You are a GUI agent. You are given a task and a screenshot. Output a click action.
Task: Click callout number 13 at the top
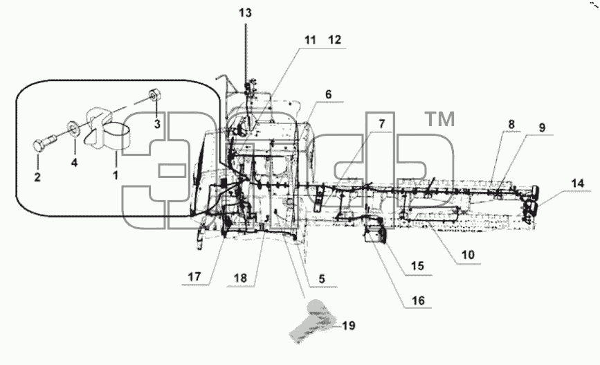(x=245, y=13)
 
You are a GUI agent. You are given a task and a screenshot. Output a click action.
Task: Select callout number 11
(x=310, y=40)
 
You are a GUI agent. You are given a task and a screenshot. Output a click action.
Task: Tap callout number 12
(x=334, y=40)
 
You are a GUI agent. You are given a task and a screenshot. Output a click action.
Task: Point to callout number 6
(x=329, y=95)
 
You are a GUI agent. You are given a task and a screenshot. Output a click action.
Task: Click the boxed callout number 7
(x=381, y=124)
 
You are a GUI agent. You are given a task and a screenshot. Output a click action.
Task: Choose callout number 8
(x=511, y=124)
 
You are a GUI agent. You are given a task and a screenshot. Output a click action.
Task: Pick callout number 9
(x=542, y=127)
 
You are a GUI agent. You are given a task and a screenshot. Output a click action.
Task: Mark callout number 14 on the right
(x=578, y=184)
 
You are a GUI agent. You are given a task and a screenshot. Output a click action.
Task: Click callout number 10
(x=468, y=255)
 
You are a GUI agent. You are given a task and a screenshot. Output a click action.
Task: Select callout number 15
(x=417, y=266)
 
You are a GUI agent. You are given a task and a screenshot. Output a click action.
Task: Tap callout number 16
(x=418, y=301)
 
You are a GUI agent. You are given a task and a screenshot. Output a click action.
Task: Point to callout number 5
(x=322, y=279)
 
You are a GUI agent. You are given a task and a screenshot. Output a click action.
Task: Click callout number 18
(x=240, y=278)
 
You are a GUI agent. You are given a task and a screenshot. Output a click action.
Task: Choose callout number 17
(x=194, y=276)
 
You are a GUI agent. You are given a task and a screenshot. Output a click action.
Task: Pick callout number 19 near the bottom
(x=349, y=326)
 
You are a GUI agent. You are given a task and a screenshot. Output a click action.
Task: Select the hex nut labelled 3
(x=154, y=94)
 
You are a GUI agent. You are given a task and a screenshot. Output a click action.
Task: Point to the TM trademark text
(x=439, y=119)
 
